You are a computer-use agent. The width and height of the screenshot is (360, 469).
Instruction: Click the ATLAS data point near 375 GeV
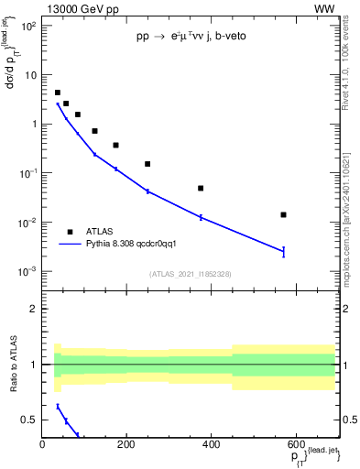point(201,188)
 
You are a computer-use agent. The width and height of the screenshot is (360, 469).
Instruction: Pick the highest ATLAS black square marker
point(58,93)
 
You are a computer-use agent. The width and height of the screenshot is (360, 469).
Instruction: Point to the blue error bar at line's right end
point(284,251)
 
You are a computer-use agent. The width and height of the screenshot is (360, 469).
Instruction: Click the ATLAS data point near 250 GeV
point(147,164)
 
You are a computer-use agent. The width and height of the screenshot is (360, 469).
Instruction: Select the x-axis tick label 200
point(127,446)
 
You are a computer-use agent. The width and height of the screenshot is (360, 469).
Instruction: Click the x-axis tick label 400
point(212,446)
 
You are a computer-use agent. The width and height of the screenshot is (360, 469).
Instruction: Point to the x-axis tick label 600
point(296,446)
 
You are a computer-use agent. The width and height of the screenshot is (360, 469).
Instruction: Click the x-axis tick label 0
point(43,446)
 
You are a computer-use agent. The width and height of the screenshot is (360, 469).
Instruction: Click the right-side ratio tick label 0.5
point(348,420)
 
